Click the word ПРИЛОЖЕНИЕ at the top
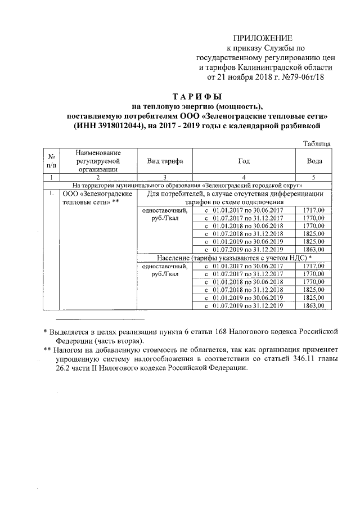263,38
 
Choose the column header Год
244,161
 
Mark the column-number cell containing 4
244,177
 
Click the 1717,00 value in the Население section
314,266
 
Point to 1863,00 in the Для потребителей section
314,250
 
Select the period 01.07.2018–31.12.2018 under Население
244,290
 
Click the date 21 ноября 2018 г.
245,75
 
